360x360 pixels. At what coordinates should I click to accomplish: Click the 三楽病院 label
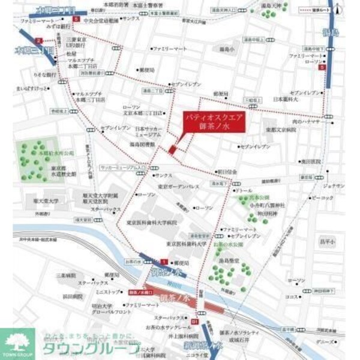tap(67, 275)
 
